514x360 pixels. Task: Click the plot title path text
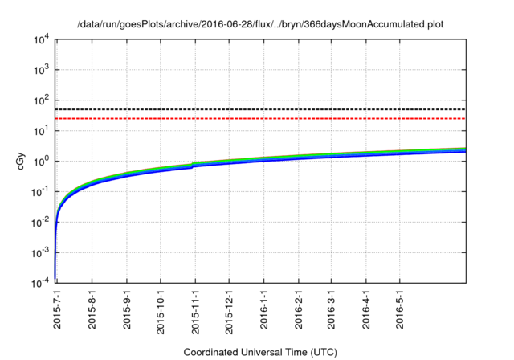point(260,24)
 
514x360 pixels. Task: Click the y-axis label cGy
point(22,161)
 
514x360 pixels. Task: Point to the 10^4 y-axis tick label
point(43,39)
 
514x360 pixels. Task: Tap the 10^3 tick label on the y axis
point(43,70)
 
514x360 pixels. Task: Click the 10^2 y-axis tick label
point(43,100)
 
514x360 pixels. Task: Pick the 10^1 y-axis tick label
point(43,131)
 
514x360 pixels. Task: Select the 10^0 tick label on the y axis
point(43,162)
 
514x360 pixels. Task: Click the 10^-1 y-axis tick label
point(41,192)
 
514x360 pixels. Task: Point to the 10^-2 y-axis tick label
point(41,223)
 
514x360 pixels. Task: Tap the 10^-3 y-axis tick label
point(41,253)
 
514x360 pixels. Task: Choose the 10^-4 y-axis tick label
point(41,284)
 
